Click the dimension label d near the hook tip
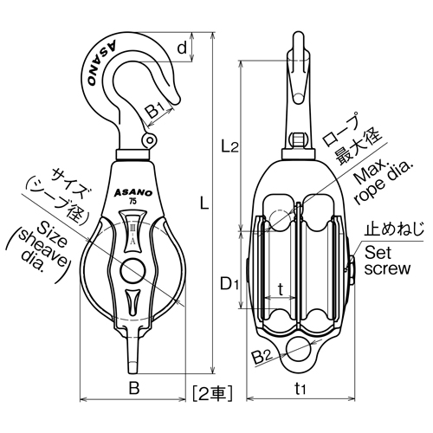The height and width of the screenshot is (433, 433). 182,48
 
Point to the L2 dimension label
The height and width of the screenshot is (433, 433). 229,147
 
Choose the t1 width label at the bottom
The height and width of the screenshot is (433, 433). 300,389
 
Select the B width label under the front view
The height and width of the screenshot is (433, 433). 133,389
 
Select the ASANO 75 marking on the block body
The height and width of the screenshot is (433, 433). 131,195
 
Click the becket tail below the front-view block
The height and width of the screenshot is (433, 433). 132,355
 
